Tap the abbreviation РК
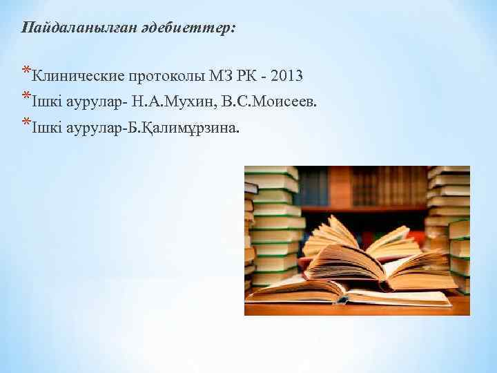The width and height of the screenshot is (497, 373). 246,75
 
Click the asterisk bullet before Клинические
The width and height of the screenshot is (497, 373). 26,70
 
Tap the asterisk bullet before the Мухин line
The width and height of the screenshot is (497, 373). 26,98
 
